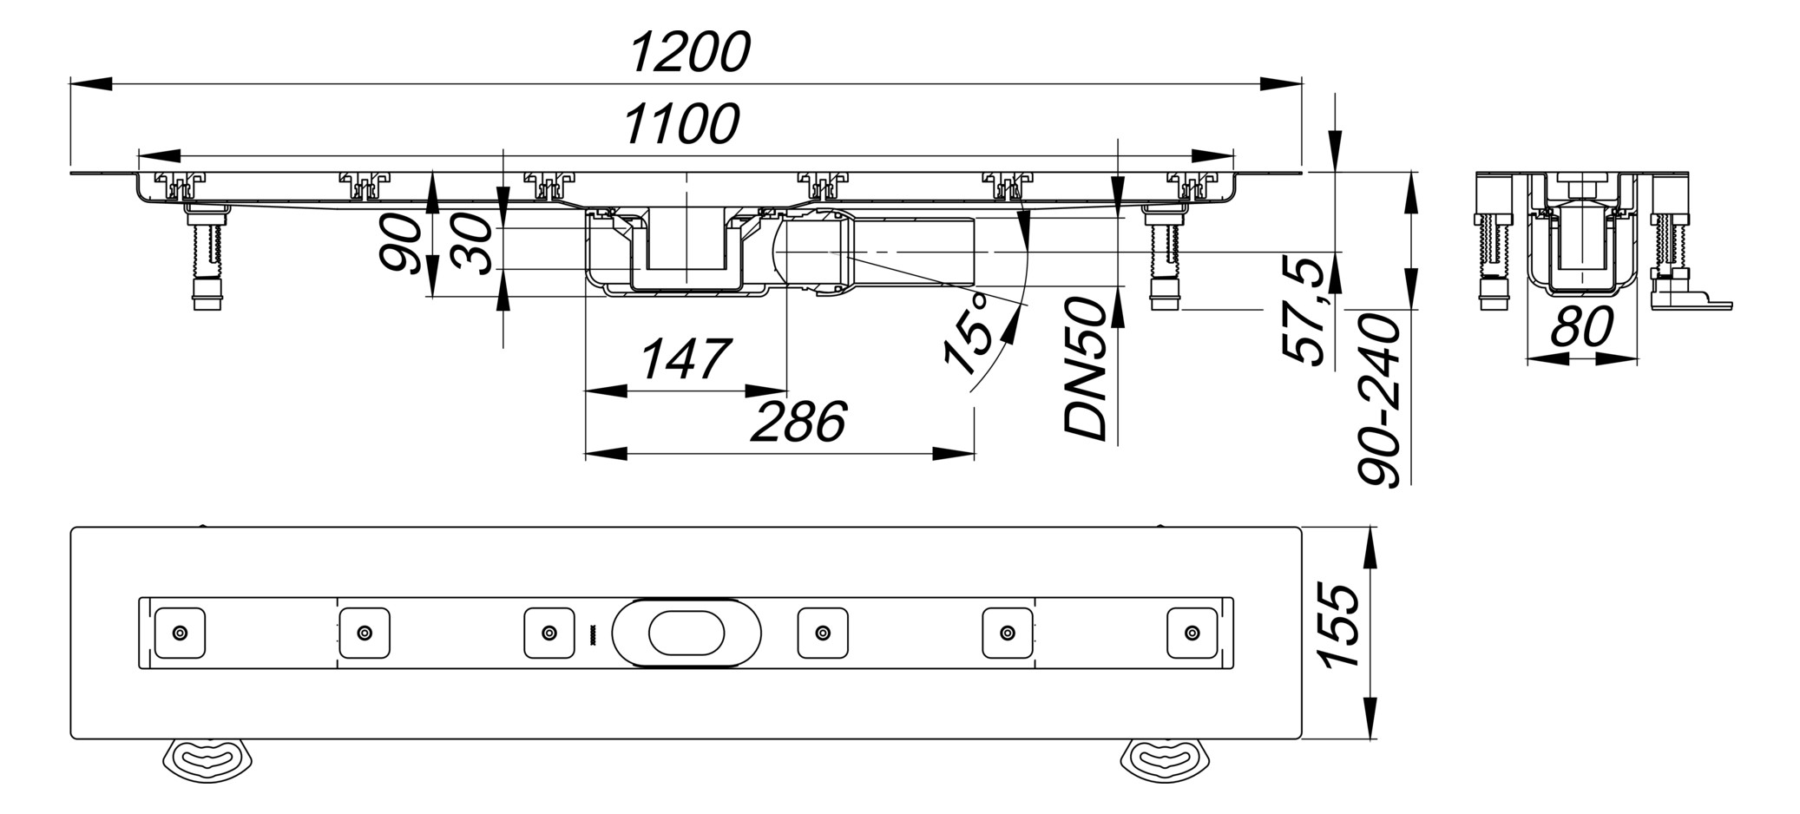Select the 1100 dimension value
(681, 124)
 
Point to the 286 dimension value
(798, 423)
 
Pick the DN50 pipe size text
(1087, 368)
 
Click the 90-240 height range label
(1380, 400)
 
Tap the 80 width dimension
(1581, 327)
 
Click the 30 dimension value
(475, 245)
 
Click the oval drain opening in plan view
(686, 633)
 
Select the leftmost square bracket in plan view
(180, 633)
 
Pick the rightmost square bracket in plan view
(1192, 633)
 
